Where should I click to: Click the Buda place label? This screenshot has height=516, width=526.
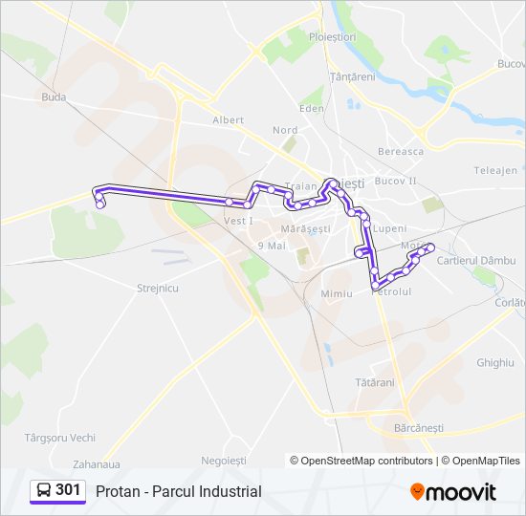(x=54, y=97)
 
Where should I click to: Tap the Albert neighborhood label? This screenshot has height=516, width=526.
(x=228, y=120)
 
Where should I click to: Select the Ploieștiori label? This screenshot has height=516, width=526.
(x=332, y=36)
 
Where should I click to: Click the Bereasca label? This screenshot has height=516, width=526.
(x=401, y=151)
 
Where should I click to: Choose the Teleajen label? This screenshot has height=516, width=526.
(x=494, y=171)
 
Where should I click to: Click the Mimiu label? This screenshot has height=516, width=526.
(x=337, y=293)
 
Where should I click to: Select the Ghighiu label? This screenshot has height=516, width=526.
(x=494, y=363)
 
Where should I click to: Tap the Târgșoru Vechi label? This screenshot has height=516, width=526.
(x=59, y=438)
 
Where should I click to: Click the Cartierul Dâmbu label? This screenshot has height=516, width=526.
(x=475, y=260)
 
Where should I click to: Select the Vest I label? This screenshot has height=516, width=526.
(x=237, y=221)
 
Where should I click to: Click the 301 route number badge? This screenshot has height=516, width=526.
(x=68, y=490)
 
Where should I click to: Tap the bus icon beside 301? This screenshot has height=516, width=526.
(x=44, y=491)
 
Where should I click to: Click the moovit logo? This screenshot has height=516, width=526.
(x=453, y=492)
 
